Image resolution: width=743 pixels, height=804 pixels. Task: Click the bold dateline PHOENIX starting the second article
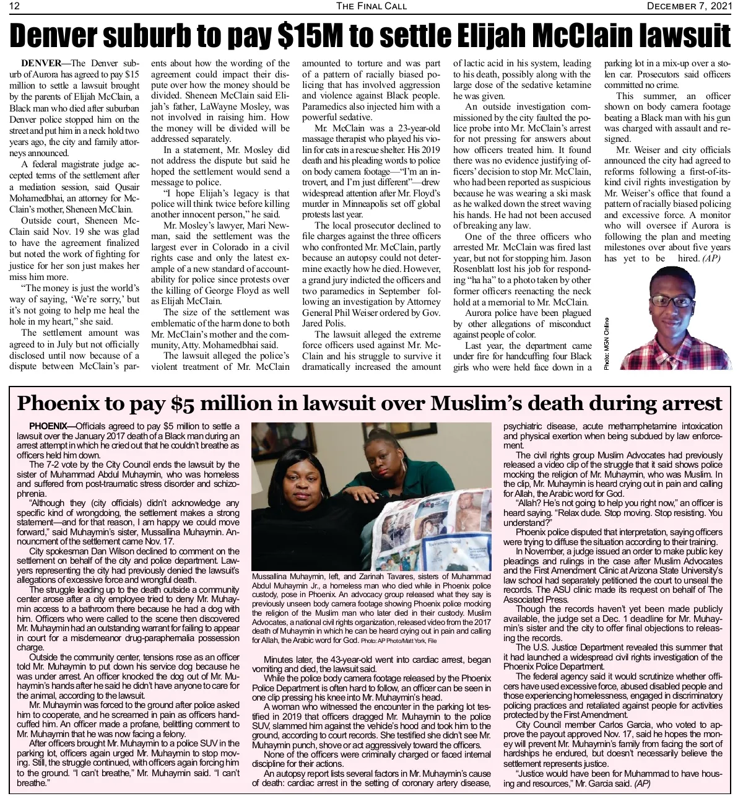point(48,427)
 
